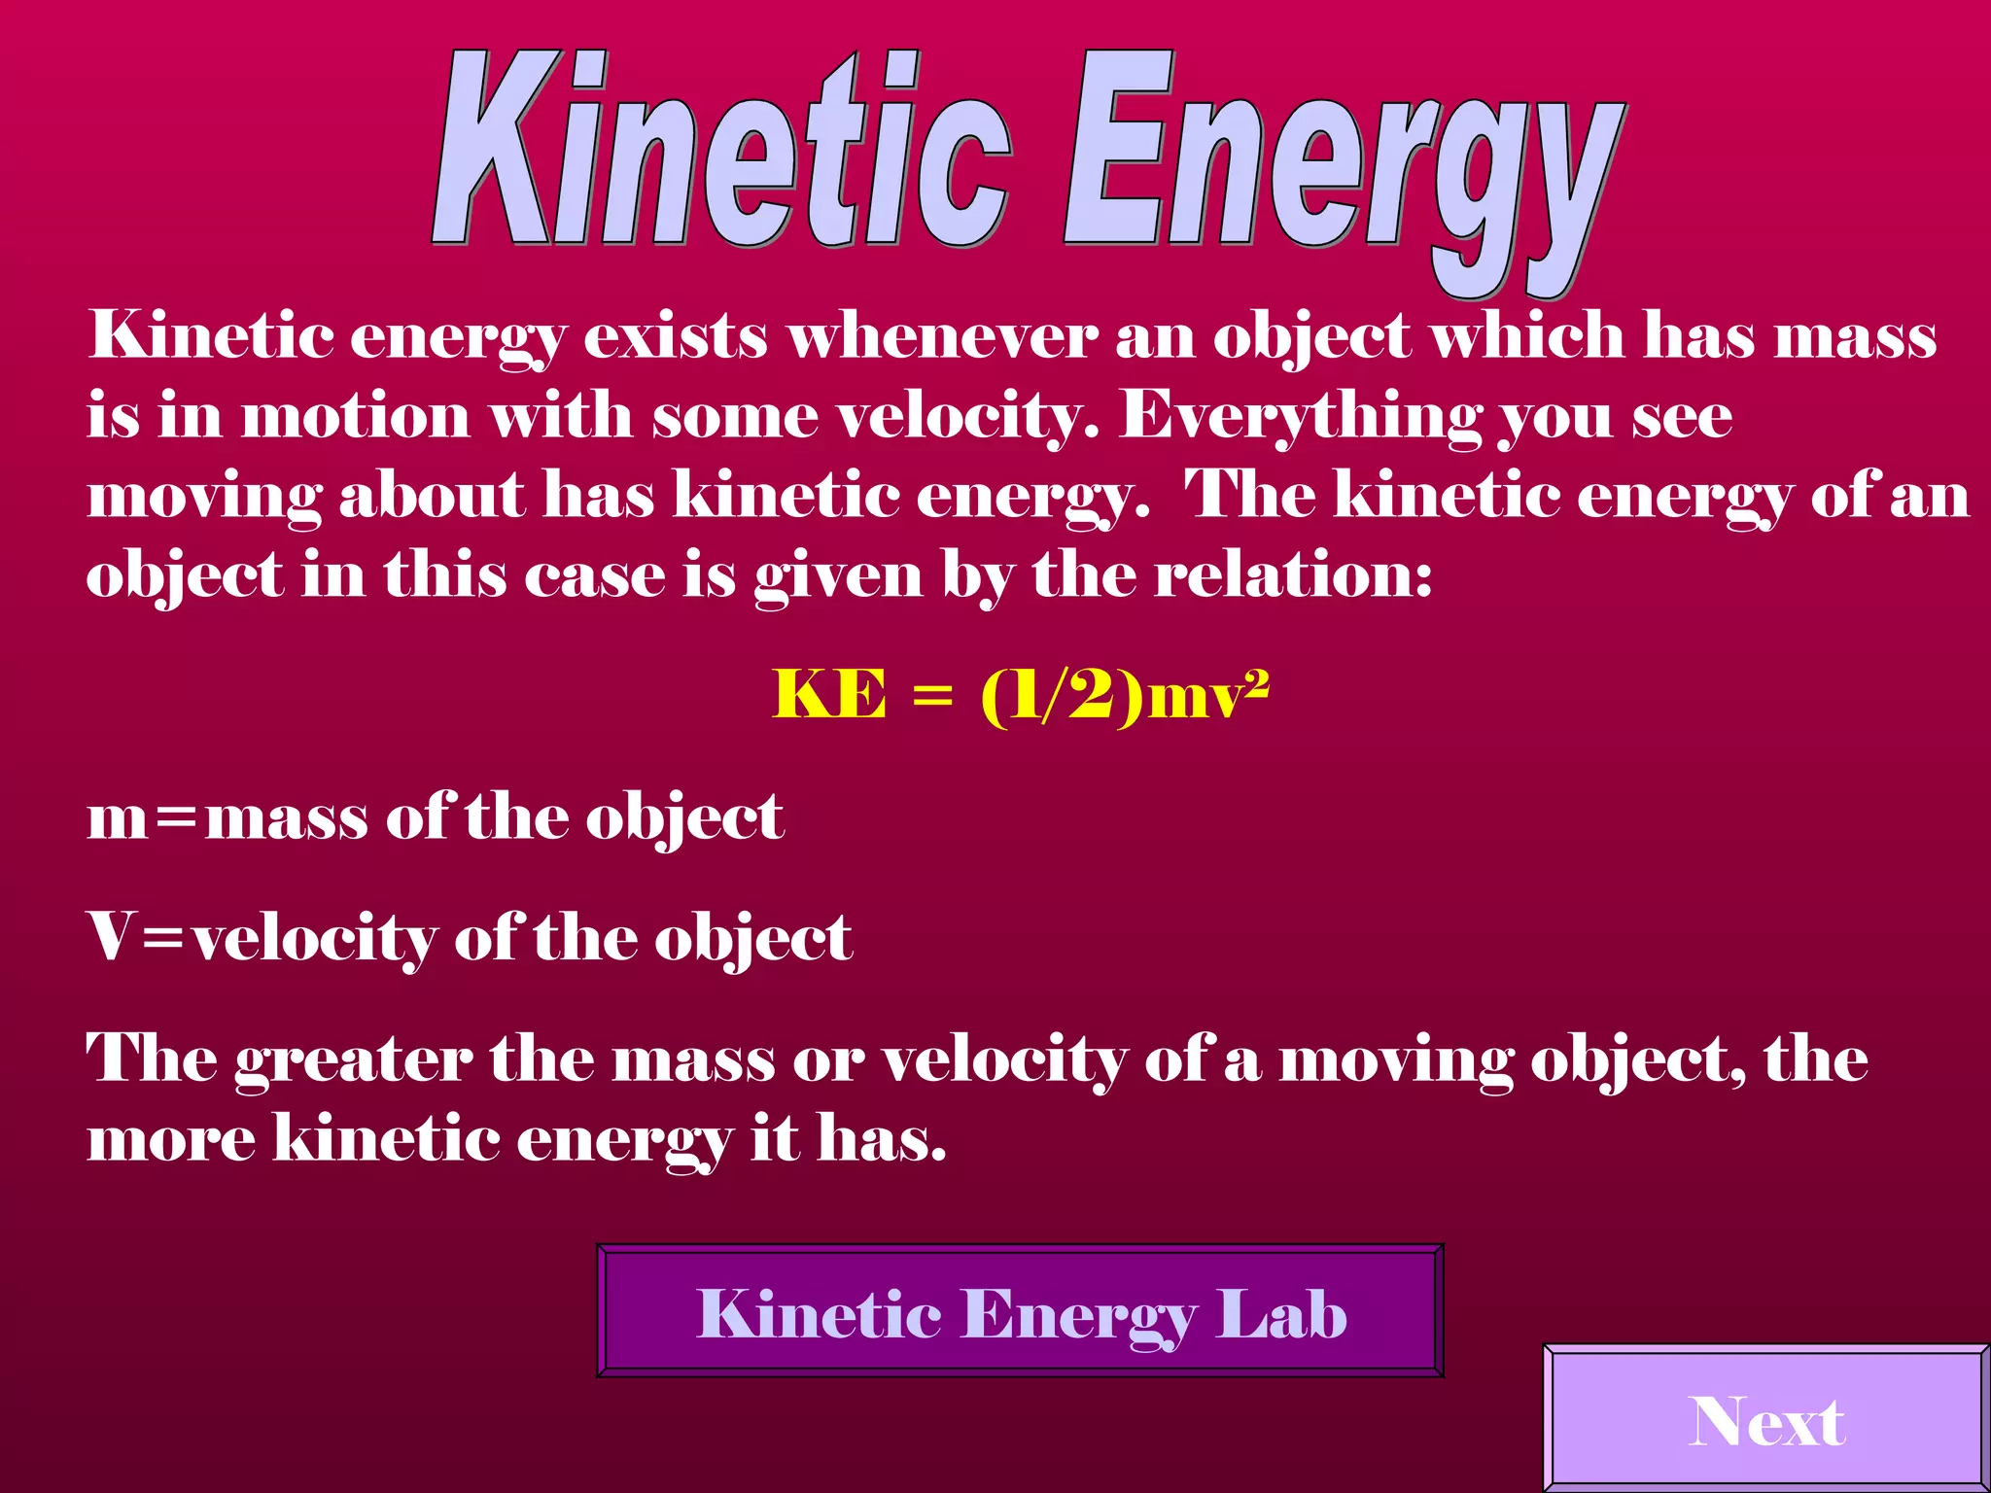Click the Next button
(1766, 1421)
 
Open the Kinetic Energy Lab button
(1020, 1311)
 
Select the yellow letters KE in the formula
(829, 695)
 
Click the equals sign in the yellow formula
(933, 698)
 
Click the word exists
(676, 337)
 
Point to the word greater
(353, 1060)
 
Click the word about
(432, 496)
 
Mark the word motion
(356, 417)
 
